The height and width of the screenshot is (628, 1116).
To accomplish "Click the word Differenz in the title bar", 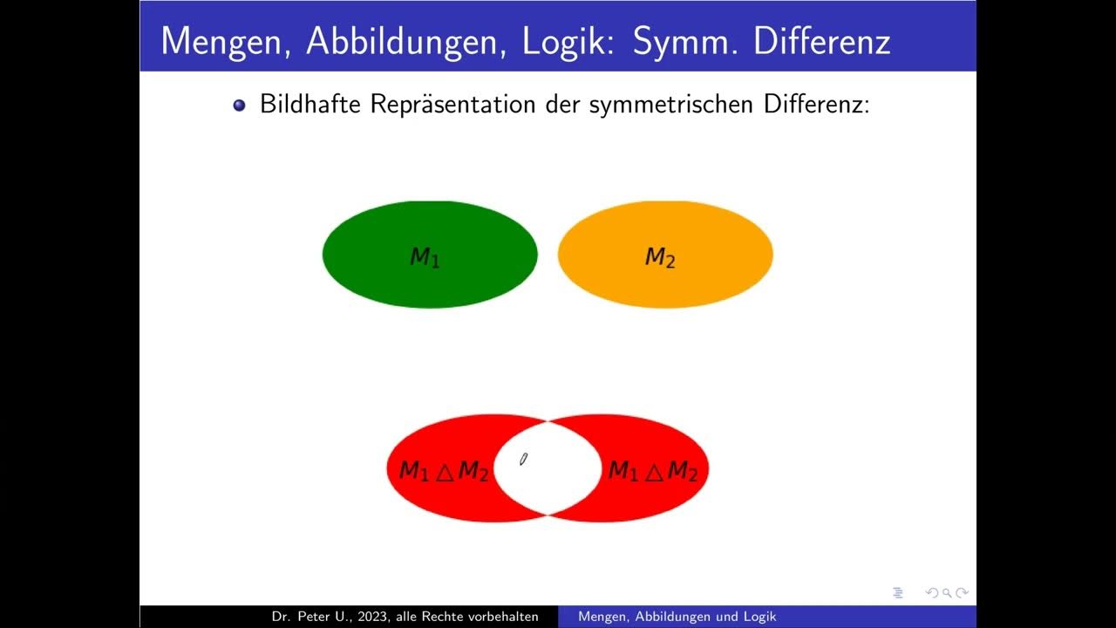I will [821, 41].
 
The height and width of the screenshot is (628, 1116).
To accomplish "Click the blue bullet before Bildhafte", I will [240, 106].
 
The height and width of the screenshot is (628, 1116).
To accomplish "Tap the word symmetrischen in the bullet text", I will [672, 105].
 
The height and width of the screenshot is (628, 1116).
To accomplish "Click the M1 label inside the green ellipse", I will [425, 256].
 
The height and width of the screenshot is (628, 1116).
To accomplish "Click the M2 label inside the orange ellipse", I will [660, 257].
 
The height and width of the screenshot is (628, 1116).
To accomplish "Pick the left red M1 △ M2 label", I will [443, 471].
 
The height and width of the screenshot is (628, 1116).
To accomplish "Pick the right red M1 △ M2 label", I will [652, 471].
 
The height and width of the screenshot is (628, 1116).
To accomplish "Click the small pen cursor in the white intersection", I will [523, 460].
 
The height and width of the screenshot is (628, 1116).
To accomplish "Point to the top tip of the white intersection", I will [548, 421].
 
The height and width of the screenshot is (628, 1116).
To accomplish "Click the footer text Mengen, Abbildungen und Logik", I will [677, 617].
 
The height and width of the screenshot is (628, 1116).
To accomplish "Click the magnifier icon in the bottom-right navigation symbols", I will [946, 593].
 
